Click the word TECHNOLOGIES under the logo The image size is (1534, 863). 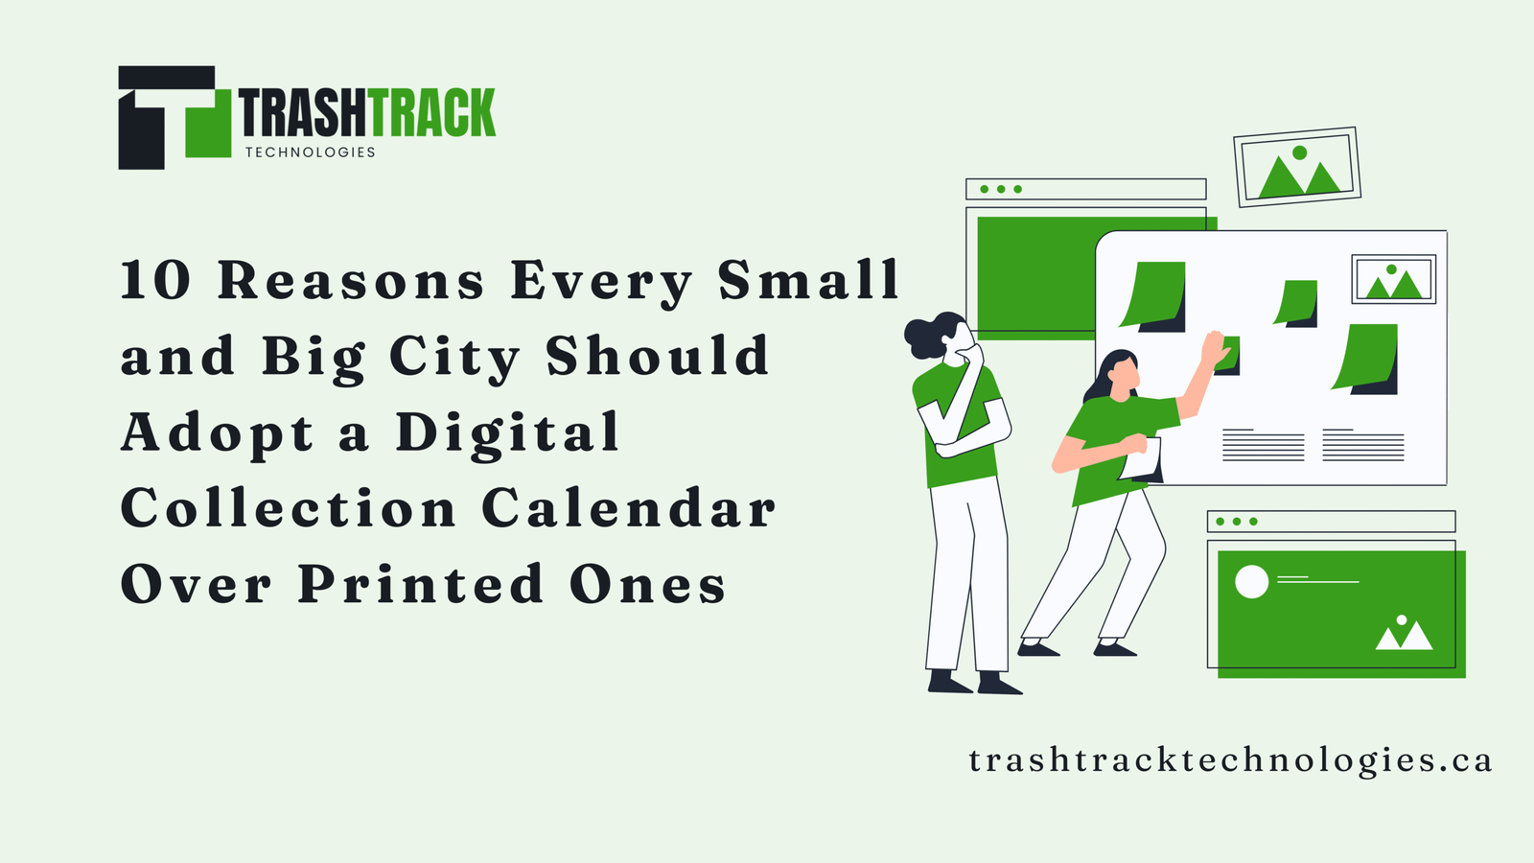311,152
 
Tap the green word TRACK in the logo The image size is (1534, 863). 431,112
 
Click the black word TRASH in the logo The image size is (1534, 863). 303,112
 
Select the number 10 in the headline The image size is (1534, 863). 155,280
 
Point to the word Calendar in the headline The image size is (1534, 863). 629,509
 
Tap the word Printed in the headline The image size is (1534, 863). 421,584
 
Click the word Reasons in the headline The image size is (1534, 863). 351,280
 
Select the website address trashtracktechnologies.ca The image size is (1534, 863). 1230,760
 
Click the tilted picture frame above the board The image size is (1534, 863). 1297,167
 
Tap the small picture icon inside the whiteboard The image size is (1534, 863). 1394,279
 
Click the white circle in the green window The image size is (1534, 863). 1251,582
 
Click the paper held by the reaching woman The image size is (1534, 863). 1141,459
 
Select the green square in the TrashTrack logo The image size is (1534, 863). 208,124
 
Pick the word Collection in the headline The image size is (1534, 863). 289,509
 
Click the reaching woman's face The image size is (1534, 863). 1125,373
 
